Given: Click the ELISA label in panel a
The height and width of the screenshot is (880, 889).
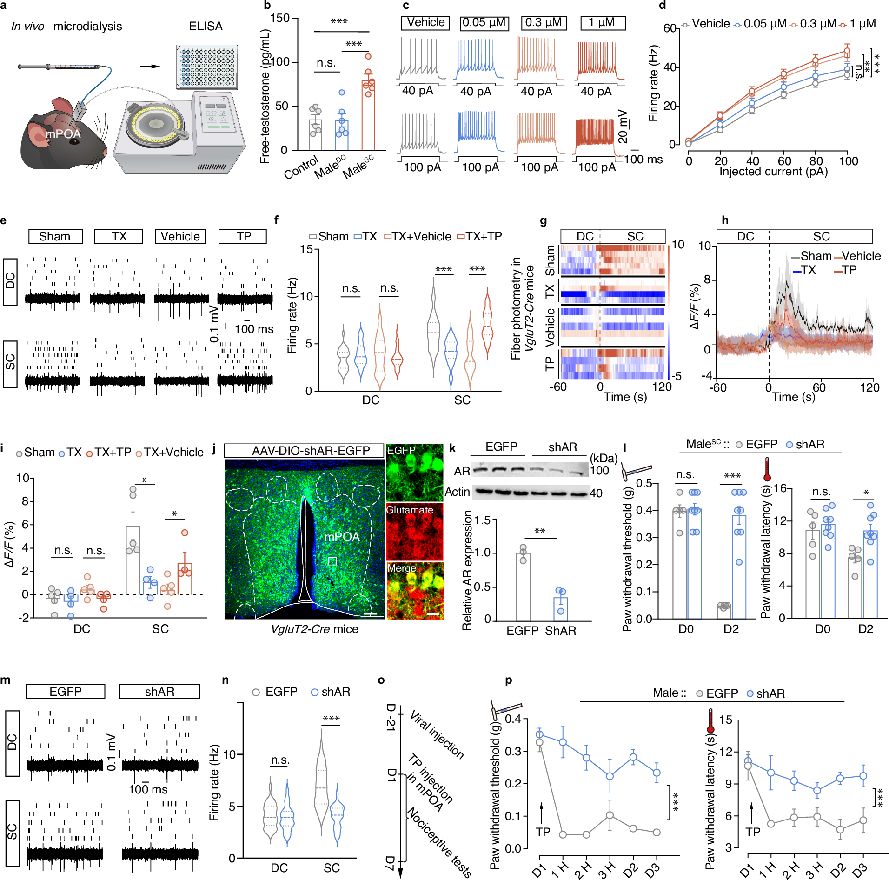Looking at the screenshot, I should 206,27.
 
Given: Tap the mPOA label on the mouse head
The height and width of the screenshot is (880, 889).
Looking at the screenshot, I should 63,134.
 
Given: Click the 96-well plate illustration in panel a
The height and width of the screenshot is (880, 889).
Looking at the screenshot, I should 207,67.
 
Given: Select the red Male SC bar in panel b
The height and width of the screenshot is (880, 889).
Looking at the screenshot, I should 368,115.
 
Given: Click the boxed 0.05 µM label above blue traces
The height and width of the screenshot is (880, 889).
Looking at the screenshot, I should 484,23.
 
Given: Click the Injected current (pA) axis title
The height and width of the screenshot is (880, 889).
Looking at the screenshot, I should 773,172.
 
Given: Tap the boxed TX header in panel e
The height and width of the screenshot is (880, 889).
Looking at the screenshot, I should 119,236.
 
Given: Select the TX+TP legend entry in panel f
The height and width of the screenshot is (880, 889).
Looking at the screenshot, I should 479,237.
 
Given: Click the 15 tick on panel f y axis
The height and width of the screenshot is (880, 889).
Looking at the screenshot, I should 306,249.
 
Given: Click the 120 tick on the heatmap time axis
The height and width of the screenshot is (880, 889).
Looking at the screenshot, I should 661,387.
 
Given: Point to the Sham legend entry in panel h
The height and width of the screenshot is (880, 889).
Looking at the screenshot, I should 811,256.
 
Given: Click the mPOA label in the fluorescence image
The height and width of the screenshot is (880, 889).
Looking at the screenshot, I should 342,537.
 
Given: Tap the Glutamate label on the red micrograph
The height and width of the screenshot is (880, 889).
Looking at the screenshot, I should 409,510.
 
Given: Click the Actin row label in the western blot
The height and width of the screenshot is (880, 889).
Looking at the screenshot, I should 457,492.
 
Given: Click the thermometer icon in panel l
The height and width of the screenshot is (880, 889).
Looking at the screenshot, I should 767,469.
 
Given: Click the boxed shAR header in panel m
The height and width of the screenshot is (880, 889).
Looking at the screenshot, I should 159,692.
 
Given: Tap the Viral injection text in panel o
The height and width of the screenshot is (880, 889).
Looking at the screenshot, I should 437,735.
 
